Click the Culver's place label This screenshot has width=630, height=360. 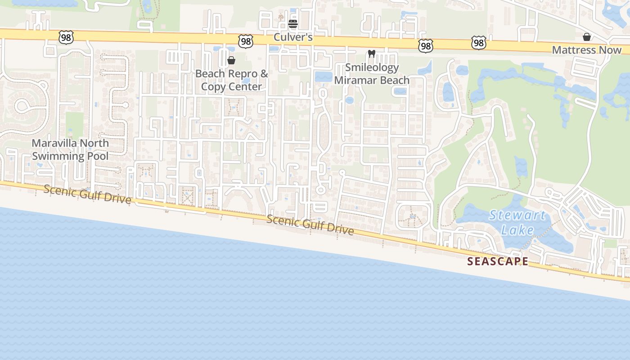tap(293, 37)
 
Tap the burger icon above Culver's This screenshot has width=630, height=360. tap(293, 24)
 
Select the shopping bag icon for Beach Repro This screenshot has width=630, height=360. tap(231, 60)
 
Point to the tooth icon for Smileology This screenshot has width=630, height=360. tap(372, 54)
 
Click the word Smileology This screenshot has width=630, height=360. tap(372, 67)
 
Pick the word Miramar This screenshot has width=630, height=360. tap(355, 80)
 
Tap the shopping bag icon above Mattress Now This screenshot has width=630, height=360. tap(587, 37)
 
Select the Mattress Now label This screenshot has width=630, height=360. tap(587, 50)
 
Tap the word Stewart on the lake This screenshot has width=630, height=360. tap(517, 215)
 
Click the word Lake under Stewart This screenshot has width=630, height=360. tap(517, 230)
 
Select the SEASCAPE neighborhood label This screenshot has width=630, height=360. tap(498, 261)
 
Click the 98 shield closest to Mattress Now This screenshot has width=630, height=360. tap(479, 43)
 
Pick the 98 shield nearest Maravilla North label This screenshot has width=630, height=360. tap(66, 38)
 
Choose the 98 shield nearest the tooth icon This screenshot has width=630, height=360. tap(425, 45)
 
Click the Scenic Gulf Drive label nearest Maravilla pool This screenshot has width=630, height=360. tap(87, 195)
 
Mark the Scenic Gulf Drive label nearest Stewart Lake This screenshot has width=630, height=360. tap(310, 225)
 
